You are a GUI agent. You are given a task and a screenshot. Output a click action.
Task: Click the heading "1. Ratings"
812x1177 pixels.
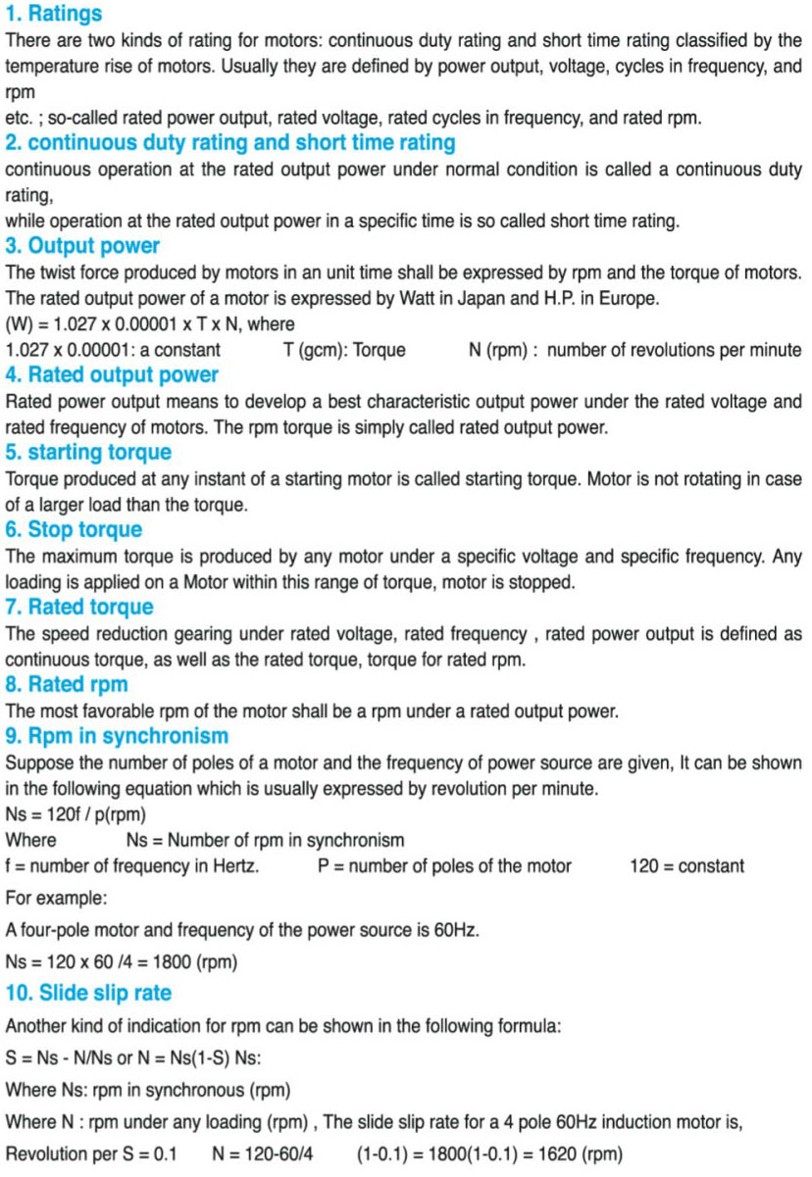pyautogui.click(x=54, y=15)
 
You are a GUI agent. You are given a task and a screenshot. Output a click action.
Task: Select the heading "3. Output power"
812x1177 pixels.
pyautogui.click(x=82, y=245)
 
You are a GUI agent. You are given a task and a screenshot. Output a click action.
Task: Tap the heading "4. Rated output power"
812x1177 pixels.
pyautogui.click(x=112, y=374)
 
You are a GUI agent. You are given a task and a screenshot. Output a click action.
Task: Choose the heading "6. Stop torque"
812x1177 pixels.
pyautogui.click(x=74, y=529)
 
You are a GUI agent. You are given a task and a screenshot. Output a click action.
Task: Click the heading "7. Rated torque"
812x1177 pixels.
pyautogui.click(x=79, y=607)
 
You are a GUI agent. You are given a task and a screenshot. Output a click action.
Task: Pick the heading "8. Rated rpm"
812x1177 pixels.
pyautogui.click(x=67, y=684)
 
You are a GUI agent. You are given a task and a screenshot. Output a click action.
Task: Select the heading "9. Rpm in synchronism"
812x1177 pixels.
pyautogui.click(x=117, y=736)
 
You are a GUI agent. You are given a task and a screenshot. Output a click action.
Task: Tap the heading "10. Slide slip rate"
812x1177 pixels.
pyautogui.click(x=88, y=993)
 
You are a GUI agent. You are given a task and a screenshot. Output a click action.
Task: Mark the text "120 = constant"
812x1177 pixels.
pyautogui.click(x=686, y=865)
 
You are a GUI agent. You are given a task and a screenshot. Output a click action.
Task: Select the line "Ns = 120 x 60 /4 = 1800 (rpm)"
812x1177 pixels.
pyautogui.click(x=122, y=961)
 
